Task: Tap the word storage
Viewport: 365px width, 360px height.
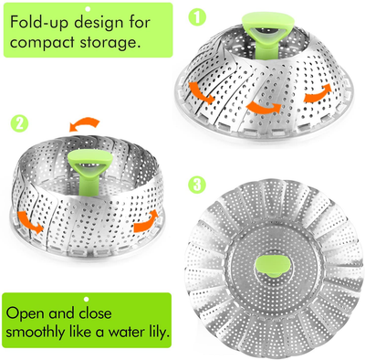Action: (111, 43)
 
